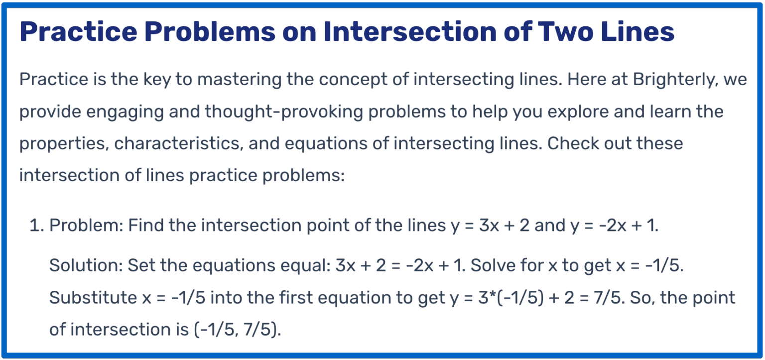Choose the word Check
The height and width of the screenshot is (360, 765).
(574, 143)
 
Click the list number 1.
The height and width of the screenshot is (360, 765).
(35, 226)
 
